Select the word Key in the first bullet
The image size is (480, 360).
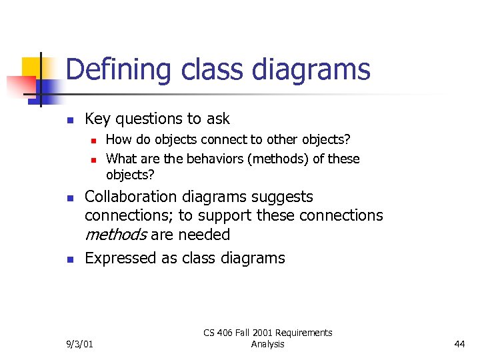coord(98,119)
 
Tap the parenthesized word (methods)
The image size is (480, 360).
coord(252,159)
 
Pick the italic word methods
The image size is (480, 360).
coord(115,235)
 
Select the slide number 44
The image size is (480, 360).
coord(459,345)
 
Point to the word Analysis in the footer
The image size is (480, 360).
coord(267,345)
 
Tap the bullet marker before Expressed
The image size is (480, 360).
coord(69,259)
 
